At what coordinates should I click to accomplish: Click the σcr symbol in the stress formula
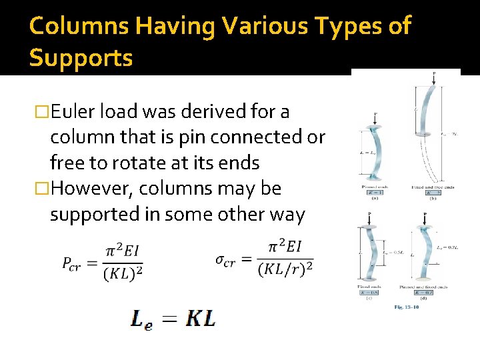point(225,260)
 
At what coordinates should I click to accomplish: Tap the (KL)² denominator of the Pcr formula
point(123,273)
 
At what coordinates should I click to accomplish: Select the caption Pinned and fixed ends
point(425,287)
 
